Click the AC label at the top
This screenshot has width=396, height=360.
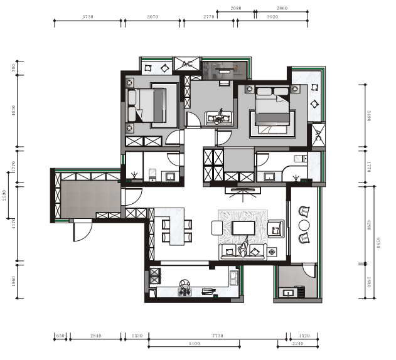click(187, 64)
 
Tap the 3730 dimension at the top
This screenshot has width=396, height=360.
click(88, 17)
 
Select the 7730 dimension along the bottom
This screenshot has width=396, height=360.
click(218, 336)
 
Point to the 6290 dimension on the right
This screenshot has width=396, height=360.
click(378, 242)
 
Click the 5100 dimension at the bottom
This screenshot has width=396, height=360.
click(194, 343)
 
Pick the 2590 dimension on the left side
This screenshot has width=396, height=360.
click(4, 196)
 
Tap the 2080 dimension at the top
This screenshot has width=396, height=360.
click(236, 8)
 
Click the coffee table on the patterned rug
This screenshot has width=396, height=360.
click(243, 228)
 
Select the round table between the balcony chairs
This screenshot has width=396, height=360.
click(304, 225)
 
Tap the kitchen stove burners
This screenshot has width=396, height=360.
click(185, 292)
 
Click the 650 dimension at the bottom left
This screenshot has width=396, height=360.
click(60, 336)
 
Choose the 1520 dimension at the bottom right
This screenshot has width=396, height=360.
click(304, 336)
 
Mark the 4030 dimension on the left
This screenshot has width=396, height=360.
click(14, 110)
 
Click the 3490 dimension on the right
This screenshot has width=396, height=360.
click(369, 116)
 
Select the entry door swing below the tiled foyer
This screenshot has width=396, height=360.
click(83, 230)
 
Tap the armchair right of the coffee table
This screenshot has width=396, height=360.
click(276, 229)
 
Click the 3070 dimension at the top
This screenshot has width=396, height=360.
click(153, 17)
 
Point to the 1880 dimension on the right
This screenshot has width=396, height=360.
click(369, 282)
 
